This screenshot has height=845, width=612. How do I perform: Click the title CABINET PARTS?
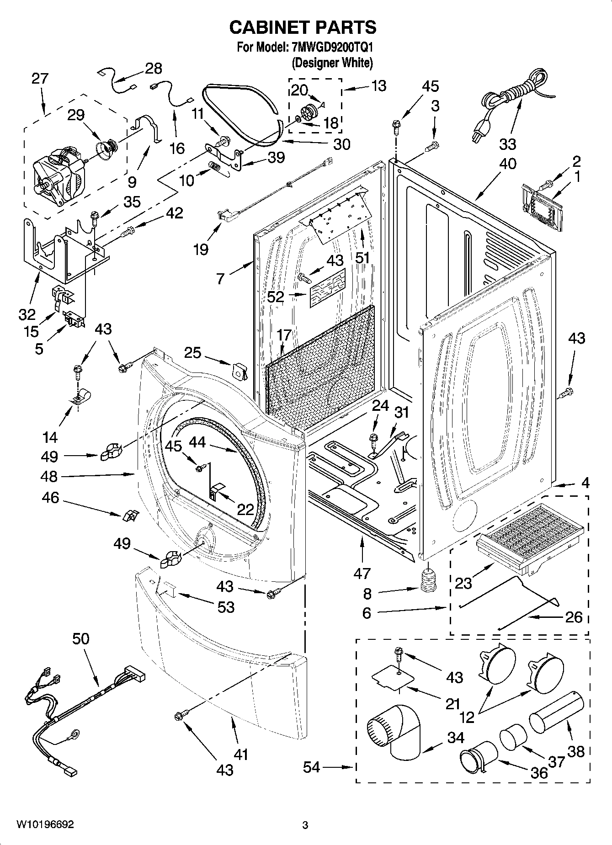303,28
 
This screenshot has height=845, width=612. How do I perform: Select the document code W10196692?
45,824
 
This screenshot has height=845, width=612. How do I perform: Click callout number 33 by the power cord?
507,144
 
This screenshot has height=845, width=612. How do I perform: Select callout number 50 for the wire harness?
80,638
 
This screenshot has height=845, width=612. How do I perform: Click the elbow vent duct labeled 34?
395,732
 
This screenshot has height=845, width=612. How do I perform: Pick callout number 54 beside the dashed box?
312,767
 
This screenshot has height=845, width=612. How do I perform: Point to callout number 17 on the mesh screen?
284,335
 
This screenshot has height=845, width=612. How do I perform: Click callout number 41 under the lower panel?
240,754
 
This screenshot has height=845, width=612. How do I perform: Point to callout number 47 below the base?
362,572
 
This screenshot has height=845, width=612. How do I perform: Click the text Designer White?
332,63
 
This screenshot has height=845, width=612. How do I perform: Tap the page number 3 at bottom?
305,825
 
